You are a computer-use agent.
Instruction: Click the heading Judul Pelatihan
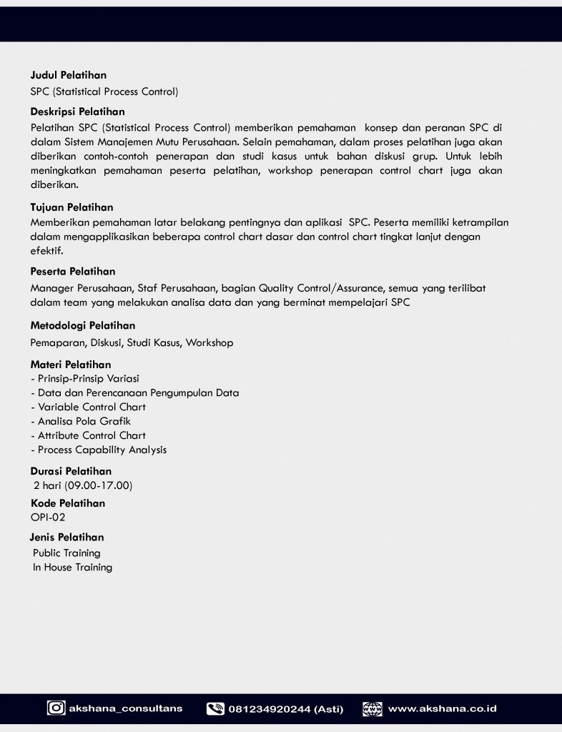tap(69, 75)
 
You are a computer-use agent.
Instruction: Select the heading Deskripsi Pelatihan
tap(77, 112)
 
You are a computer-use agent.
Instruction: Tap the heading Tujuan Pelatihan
tap(72, 207)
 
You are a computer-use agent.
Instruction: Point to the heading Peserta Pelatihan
tap(73, 272)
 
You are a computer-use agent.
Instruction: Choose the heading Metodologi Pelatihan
tap(83, 325)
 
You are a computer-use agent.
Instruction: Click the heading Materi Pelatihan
tap(71, 365)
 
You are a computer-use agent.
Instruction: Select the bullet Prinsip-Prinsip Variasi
tap(88, 378)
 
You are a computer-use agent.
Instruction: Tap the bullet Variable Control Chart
tap(92, 407)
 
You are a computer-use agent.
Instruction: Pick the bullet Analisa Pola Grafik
tap(84, 421)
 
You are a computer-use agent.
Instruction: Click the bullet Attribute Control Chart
tap(92, 435)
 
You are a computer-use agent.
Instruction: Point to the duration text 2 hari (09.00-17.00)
tap(83, 486)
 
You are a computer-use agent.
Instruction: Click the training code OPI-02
tap(48, 517)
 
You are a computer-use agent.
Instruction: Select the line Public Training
tap(66, 553)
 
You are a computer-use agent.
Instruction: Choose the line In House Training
tap(72, 567)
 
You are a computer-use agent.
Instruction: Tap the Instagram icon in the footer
tap(56, 708)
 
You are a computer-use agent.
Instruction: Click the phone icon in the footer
tap(215, 709)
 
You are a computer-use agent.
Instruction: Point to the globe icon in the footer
tap(373, 709)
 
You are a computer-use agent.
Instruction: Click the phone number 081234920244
tap(270, 709)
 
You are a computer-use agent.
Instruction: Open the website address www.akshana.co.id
tap(442, 709)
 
